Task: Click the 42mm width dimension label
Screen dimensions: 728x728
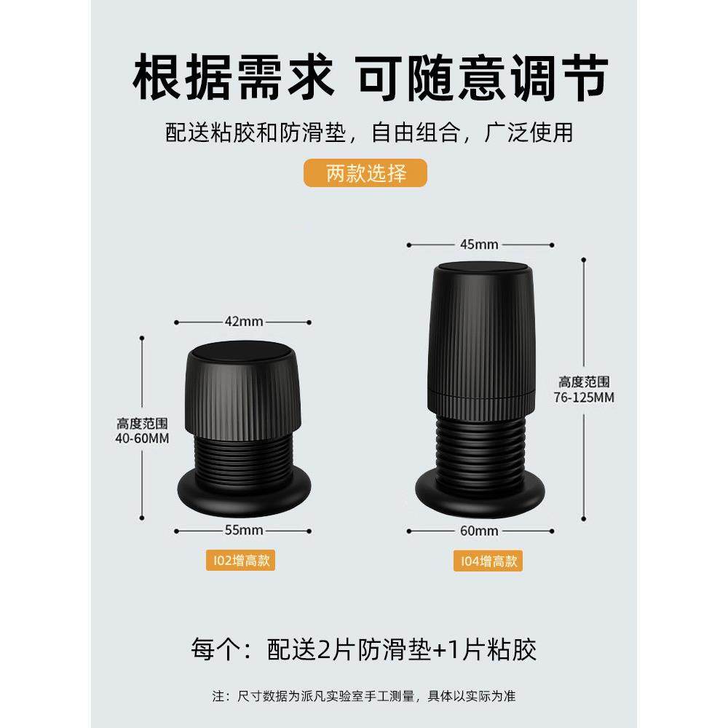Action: point(243,322)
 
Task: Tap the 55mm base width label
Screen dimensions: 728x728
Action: point(243,529)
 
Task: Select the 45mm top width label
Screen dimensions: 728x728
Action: point(479,245)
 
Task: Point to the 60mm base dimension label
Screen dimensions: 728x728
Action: point(479,530)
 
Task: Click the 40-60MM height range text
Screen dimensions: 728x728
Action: point(143,430)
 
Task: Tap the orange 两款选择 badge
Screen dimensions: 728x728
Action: point(364,174)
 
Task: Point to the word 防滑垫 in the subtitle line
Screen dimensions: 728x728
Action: point(317,132)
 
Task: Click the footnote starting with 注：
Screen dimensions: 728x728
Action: point(363,696)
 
